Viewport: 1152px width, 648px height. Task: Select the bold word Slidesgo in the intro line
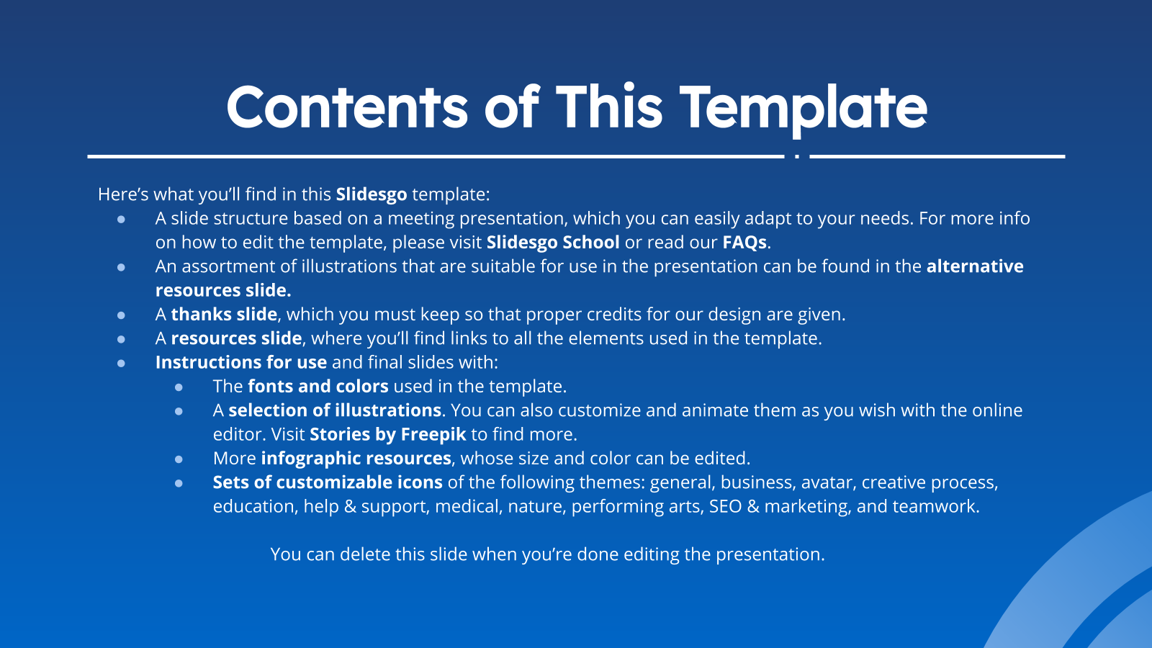372,194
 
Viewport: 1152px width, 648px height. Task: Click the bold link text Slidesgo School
553,242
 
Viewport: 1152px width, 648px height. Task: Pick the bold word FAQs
744,242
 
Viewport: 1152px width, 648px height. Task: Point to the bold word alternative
975,266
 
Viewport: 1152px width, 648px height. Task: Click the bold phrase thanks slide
224,314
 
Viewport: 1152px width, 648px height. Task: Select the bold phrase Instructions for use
241,362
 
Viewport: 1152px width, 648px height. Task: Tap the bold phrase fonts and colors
318,386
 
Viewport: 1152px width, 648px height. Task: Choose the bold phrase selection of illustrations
335,410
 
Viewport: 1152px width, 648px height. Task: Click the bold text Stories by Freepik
388,435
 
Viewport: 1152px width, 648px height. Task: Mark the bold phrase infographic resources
356,458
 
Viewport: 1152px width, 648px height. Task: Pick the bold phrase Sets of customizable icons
328,482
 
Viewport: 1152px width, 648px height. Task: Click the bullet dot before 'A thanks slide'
121,315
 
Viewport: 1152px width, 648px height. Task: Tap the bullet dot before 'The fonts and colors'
179,387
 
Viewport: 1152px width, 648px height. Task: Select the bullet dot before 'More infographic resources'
179,459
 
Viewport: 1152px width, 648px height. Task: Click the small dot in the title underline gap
796,156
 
